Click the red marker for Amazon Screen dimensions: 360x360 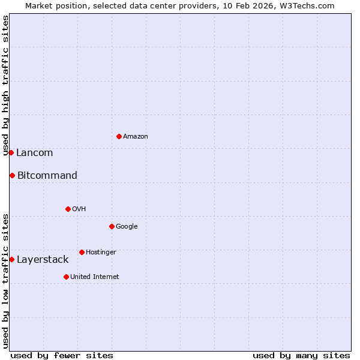tap(119, 136)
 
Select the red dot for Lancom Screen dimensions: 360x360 tap(11, 152)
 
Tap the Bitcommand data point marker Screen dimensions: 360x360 tap(12, 175)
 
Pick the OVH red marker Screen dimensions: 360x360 tap(68, 209)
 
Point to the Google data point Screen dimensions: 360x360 tap(112, 226)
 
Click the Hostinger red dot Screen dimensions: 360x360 tap(82, 252)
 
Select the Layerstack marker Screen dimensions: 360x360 tap(11, 259)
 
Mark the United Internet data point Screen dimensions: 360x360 tap(66, 277)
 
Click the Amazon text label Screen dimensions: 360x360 tap(136, 137)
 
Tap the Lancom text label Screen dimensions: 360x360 tap(34, 153)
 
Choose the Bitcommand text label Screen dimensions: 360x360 tap(47, 176)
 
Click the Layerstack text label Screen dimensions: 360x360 tap(43, 260)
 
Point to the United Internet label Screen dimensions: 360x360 tap(94, 277)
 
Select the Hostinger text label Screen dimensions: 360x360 tap(101, 253)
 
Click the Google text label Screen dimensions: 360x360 tap(127, 227)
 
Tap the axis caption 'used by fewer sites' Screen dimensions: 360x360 tap(62, 356)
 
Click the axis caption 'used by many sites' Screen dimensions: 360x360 tap(301, 356)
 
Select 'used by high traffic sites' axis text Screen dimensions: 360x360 tap(5, 85)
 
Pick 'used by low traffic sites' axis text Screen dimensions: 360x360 tap(5, 280)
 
